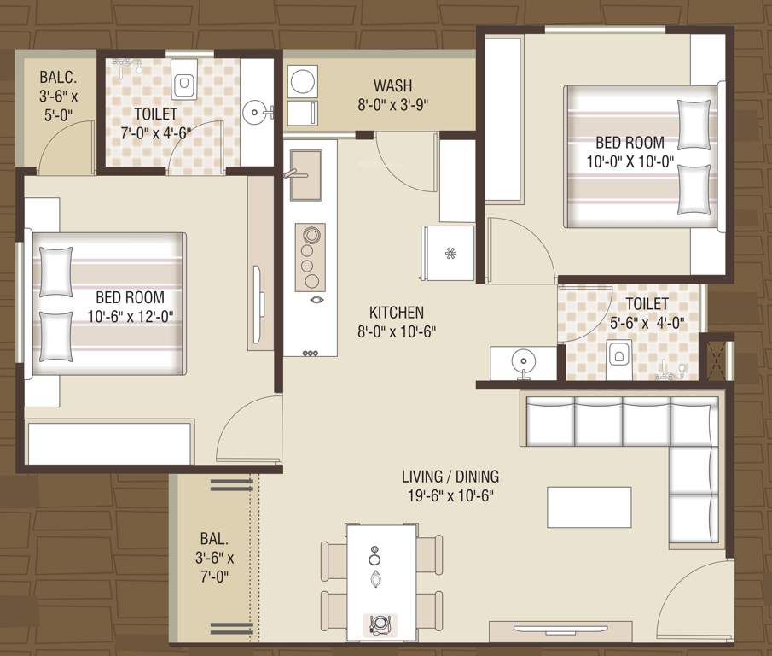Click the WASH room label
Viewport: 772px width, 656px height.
point(392,85)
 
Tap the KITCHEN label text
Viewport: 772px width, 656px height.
point(396,313)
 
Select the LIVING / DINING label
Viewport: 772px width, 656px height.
point(452,477)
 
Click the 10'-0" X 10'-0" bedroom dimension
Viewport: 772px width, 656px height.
point(630,161)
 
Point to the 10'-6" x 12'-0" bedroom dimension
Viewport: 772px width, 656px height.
point(141,316)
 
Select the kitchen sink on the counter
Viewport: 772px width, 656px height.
point(305,163)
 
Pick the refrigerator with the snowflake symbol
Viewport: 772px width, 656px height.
point(449,253)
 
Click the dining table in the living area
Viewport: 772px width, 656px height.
point(381,581)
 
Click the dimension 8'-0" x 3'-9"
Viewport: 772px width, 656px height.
point(392,104)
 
